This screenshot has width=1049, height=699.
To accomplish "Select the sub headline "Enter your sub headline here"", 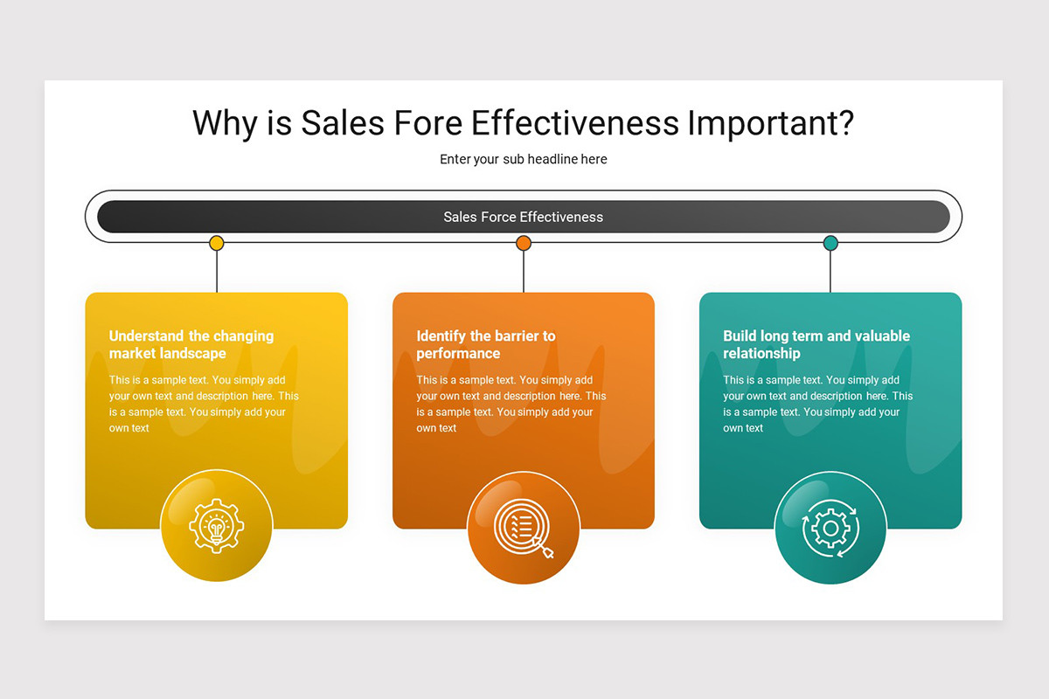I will [523, 159].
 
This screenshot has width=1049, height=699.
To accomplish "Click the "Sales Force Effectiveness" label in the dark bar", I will [523, 217].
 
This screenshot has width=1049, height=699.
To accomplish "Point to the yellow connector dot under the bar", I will [217, 243].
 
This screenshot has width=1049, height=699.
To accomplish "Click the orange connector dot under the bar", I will [524, 243].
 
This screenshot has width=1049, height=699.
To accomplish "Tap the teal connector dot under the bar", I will [830, 243].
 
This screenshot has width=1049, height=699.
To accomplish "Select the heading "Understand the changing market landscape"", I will [191, 344].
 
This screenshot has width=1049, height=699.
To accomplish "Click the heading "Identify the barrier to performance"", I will [485, 344].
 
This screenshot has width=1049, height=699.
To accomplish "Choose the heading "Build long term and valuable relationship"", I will [816, 344].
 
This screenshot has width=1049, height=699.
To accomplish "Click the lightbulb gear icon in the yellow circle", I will [217, 525].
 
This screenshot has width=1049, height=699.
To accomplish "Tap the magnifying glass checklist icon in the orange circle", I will [523, 527].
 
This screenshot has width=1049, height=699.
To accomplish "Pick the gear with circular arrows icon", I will [830, 527].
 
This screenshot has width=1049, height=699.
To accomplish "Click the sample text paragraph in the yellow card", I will [204, 404].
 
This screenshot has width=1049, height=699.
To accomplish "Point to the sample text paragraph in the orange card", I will [511, 404].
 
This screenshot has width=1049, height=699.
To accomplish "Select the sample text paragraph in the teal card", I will [817, 404].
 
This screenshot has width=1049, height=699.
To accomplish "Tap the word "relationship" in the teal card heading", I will [761, 354].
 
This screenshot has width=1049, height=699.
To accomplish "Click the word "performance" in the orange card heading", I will [458, 354].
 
